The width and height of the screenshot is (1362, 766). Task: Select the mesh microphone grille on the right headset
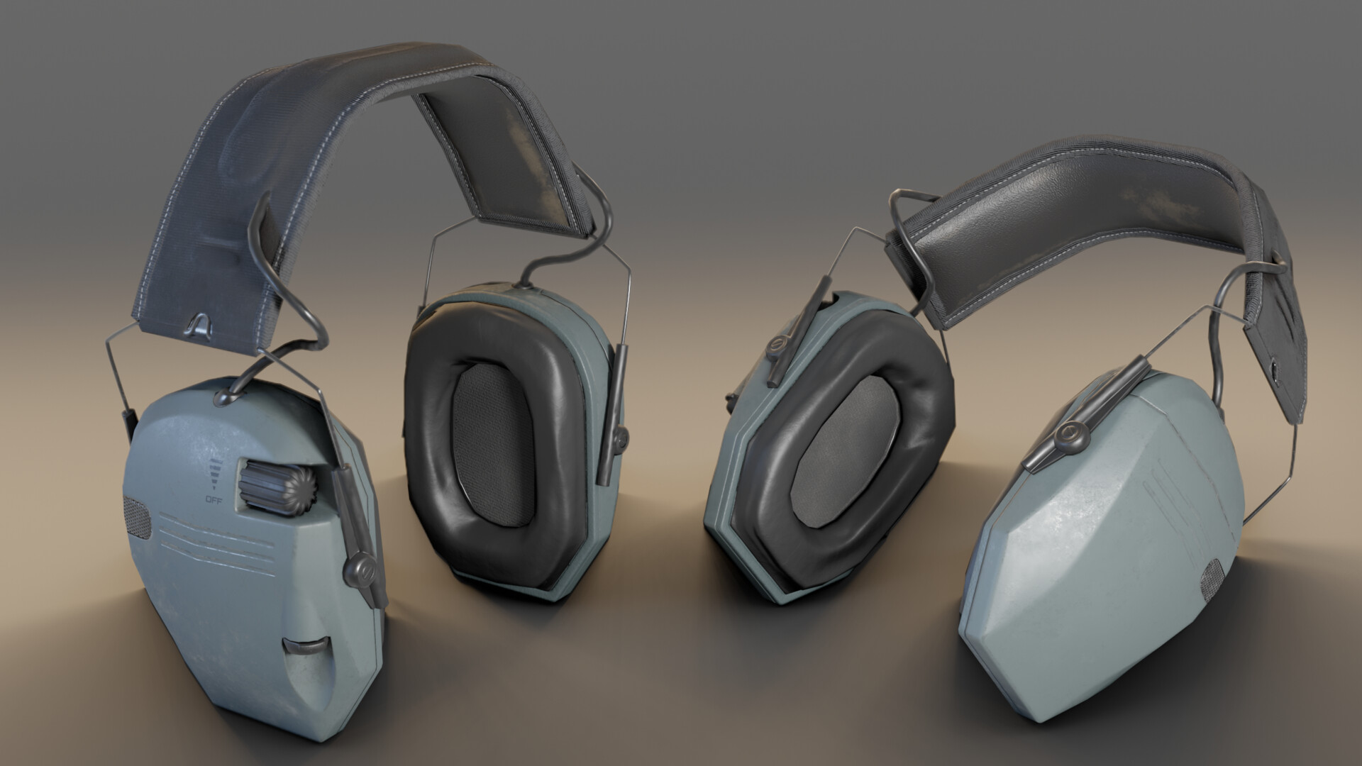pos(1211,574)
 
